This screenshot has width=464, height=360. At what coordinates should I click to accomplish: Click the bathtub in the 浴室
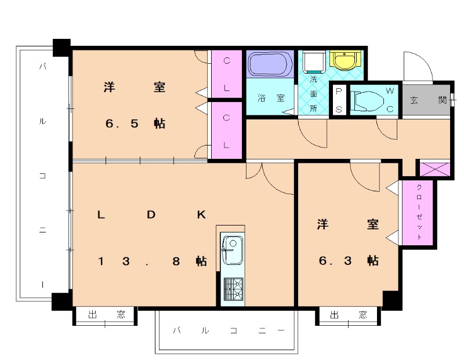[270, 64]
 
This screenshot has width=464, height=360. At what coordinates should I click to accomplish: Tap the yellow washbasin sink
[345, 59]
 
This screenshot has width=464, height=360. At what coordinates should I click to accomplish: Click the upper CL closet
[226, 74]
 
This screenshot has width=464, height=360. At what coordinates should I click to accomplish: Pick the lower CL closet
[226, 131]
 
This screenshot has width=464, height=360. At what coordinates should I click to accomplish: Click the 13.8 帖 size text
[152, 261]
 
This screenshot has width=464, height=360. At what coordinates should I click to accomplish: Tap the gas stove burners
[233, 288]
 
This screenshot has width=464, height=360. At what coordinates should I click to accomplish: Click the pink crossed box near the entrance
[433, 169]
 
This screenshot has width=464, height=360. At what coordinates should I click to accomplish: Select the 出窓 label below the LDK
[106, 315]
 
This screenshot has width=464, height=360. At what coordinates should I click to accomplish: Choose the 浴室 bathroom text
[271, 98]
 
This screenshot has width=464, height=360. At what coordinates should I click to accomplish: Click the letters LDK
[151, 214]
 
